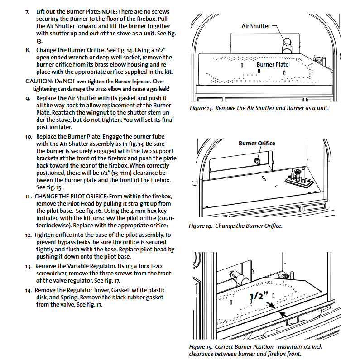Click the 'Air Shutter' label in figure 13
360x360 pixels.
click(x=255, y=26)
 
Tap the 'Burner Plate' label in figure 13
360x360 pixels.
click(x=272, y=65)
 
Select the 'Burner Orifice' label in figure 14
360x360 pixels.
click(x=257, y=144)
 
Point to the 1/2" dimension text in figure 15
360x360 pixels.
click(x=259, y=296)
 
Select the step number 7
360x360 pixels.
click(x=27, y=11)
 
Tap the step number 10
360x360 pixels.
click(x=28, y=136)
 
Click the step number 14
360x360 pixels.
click(x=28, y=290)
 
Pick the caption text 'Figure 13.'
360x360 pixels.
click(x=201, y=108)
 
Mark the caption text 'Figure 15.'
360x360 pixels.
click(x=201, y=347)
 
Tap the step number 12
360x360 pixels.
click(x=28, y=235)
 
